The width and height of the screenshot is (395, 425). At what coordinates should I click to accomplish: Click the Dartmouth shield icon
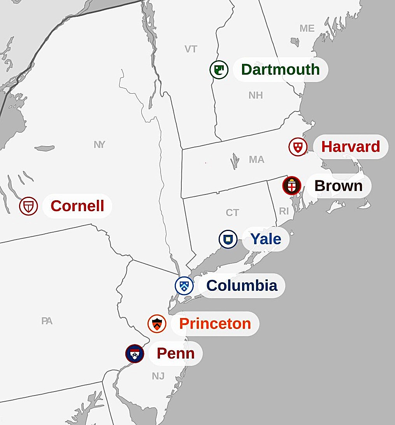click(x=219, y=70)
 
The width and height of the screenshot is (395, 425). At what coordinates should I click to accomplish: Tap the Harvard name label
click(x=351, y=147)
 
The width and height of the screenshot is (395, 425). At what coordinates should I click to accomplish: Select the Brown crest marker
click(x=292, y=186)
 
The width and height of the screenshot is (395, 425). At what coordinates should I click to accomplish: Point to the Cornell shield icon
click(x=28, y=206)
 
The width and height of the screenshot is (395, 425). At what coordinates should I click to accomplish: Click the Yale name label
click(x=266, y=239)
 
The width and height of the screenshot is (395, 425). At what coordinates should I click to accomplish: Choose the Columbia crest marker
click(x=184, y=286)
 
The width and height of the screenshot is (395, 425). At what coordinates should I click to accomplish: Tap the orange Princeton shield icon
click(x=157, y=324)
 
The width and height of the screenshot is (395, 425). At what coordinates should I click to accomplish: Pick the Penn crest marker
click(x=135, y=354)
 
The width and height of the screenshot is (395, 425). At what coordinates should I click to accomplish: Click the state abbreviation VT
click(x=191, y=49)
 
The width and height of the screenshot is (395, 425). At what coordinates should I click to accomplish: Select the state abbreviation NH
click(x=256, y=95)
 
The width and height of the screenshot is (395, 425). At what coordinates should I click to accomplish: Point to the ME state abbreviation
click(x=307, y=28)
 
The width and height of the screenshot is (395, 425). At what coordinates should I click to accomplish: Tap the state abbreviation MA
click(x=256, y=159)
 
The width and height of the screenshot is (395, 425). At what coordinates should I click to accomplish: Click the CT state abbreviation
click(x=232, y=213)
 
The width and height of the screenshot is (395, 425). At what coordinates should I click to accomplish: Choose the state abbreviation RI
click(x=284, y=211)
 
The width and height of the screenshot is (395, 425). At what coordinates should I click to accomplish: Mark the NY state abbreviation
click(x=99, y=145)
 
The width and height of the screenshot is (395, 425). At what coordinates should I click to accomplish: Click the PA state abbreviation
click(x=47, y=321)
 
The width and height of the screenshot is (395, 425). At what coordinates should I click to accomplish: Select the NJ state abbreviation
click(x=158, y=376)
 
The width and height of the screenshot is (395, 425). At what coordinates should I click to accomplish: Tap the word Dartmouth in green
click(x=280, y=70)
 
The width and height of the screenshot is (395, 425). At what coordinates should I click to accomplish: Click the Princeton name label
click(x=215, y=324)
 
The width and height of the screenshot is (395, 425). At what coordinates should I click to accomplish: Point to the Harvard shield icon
click(x=298, y=147)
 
